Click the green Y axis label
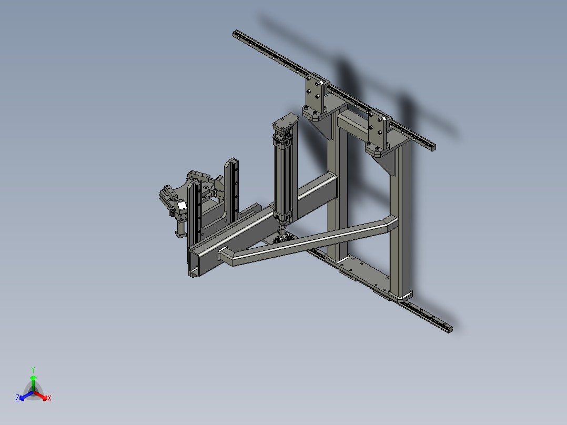pyautogui.click(x=33, y=370)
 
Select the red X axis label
pyautogui.click(x=49, y=399)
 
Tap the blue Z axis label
pyautogui.click(x=17, y=399)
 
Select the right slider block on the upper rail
pyautogui.click(x=379, y=129)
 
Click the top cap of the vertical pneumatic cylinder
pyautogui.click(x=285, y=123)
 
